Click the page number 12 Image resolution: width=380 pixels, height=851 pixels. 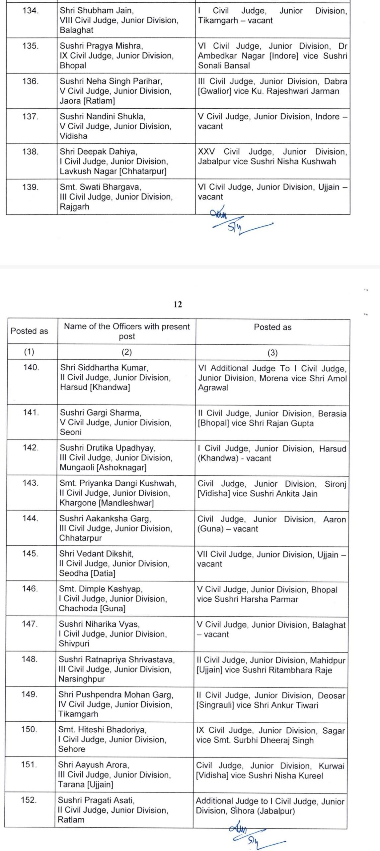[x=178, y=304]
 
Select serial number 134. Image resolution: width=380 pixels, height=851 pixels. [x=31, y=11]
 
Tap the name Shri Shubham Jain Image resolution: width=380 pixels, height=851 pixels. [x=97, y=11]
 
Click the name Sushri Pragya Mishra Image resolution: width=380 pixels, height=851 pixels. [x=101, y=46]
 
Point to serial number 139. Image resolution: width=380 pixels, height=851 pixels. [x=31, y=187]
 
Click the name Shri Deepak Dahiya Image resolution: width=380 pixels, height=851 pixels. [x=98, y=152]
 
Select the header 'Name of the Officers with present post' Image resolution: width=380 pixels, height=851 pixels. [x=127, y=331]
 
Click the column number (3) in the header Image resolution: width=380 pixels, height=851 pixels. [x=272, y=353]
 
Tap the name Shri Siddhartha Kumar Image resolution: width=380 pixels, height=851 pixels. [x=104, y=367]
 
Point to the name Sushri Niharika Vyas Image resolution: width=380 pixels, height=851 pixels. [x=99, y=624]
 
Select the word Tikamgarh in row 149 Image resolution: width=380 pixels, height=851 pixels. [x=78, y=714]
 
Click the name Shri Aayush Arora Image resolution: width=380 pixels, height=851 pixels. [x=94, y=765]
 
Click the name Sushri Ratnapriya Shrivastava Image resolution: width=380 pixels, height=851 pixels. [x=117, y=659]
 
